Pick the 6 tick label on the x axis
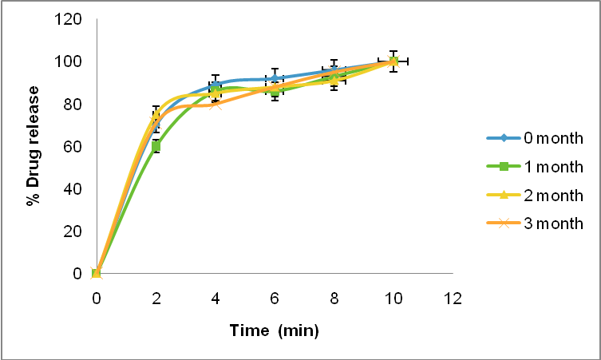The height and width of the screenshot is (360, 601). (275, 298)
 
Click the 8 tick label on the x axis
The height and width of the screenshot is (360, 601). (334, 298)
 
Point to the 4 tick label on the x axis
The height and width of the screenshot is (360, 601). (215, 298)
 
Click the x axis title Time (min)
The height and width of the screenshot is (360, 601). (275, 330)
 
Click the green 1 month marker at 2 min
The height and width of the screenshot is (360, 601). (156, 146)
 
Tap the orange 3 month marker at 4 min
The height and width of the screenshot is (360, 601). (215, 104)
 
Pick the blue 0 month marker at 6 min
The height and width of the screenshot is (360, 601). (275, 78)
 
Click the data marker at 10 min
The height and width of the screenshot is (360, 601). (393, 61)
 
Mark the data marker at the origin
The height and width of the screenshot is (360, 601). (97, 274)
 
